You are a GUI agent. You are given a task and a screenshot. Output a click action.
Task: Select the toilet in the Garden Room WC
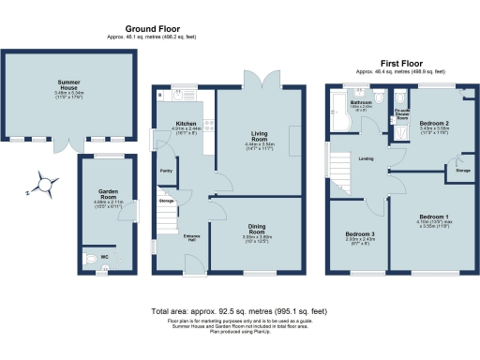(x=87, y=256)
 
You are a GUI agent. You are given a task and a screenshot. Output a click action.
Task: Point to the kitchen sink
(x=182, y=94)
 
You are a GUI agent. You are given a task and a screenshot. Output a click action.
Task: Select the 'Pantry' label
(x=165, y=171)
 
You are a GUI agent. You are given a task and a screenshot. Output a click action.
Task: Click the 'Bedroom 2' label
(x=434, y=123)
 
